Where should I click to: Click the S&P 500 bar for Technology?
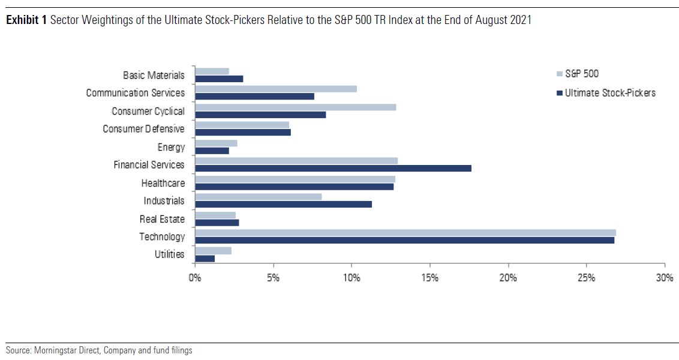coord(405,233)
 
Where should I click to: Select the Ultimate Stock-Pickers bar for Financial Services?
coord(333,168)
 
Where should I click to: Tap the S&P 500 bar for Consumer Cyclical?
coord(295,107)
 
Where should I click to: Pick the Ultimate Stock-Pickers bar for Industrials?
coord(283,204)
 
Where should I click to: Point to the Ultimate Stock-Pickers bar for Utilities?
coord(205,258)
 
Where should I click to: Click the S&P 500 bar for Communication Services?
coord(275,89)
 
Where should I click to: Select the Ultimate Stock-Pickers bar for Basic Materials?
coord(219,79)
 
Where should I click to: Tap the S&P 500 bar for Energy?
coord(216,143)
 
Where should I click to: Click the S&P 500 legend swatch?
coord(560,74)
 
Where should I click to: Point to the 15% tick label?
coord(429,278)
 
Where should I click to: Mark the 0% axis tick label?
coord(195,278)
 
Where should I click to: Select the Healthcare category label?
coord(163,183)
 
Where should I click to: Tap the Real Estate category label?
coord(162,219)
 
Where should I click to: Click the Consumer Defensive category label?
coord(144,129)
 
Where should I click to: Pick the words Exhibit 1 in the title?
coord(23,20)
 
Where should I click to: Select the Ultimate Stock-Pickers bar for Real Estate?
coord(217,223)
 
